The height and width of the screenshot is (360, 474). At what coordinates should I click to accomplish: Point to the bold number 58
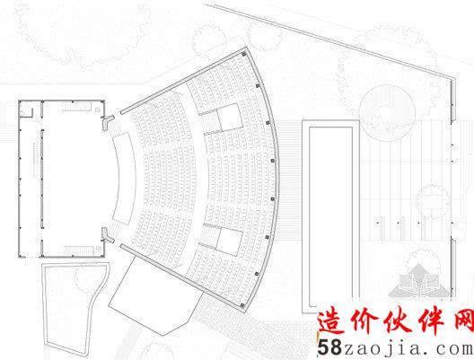tap(329, 347)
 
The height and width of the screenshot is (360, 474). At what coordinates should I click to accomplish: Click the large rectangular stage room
tap(62, 179)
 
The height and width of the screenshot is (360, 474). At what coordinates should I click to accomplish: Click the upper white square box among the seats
tap(230, 116)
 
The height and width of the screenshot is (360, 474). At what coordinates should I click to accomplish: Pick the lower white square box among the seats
tap(230, 241)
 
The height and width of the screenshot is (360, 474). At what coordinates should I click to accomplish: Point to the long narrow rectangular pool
tap(330, 216)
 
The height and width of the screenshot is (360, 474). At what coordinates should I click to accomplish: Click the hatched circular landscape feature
tap(387, 112)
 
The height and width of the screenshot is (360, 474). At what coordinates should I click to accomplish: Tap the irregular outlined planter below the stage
tap(74, 305)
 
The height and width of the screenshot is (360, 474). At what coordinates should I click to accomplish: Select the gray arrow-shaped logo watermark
tap(418, 280)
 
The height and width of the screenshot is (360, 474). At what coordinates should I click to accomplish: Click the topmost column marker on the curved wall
tap(243, 54)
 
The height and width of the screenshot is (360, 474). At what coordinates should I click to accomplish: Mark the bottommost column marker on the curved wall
tap(241, 305)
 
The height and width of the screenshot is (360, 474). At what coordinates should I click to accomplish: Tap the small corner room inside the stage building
tap(26, 112)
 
